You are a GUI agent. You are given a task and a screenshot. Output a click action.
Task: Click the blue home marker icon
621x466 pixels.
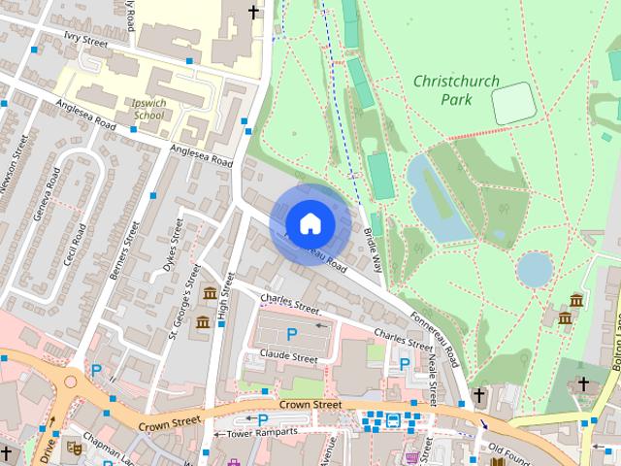tap(310, 223)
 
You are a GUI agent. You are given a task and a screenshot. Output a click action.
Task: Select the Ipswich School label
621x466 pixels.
tap(147, 108)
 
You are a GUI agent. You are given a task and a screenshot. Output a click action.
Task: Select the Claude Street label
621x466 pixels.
tap(289, 357)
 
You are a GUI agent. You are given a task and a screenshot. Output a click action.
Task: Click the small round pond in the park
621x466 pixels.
tap(535, 269)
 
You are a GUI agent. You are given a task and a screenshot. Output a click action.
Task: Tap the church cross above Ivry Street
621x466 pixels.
tap(254, 12)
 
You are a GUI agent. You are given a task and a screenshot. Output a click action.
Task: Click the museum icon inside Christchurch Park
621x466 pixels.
tap(576, 300)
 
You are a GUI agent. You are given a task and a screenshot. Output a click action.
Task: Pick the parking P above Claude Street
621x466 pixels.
tap(291, 335)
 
